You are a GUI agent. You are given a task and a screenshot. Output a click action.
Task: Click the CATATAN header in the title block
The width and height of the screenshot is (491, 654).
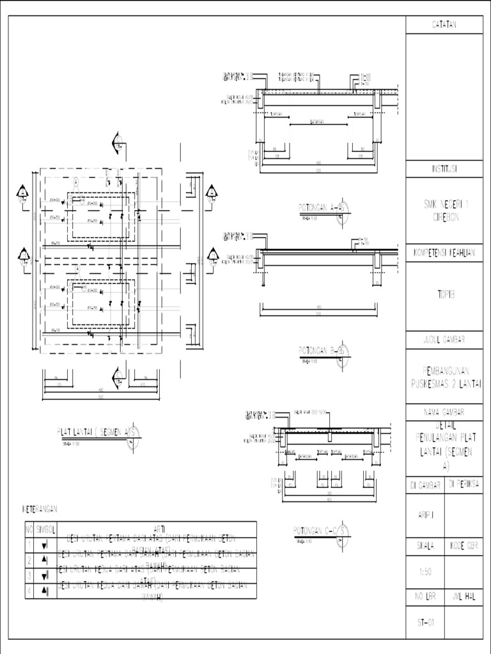coord(444,24)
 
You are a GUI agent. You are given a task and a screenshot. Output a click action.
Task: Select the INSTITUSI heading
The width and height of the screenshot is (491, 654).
coord(444,169)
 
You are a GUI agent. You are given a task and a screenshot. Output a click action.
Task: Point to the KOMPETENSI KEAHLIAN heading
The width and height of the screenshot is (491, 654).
coord(444,253)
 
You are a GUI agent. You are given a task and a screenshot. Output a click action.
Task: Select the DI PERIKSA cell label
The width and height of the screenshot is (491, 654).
coord(464,485)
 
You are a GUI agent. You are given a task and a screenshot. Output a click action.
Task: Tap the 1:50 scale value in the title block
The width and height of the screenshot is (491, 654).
coord(425,573)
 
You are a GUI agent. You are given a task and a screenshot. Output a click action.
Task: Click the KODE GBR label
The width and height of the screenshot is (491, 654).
coord(464,546)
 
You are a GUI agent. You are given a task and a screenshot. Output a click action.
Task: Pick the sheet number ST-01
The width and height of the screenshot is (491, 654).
coord(425,623)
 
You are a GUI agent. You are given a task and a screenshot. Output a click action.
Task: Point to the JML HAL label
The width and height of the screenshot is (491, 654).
coord(464,597)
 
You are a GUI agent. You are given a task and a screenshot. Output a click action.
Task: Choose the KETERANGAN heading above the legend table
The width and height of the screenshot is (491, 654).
coord(40,509)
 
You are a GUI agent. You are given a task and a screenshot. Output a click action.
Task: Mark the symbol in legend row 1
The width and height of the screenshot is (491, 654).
coord(45,545)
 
